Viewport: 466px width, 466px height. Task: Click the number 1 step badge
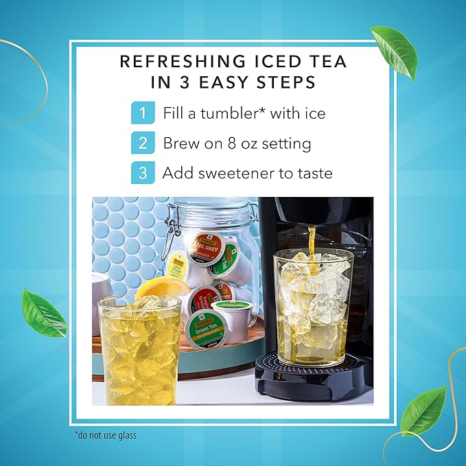pos(141,113)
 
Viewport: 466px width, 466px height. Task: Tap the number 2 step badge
pos(141,143)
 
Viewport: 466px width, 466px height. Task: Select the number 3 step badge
pos(141,173)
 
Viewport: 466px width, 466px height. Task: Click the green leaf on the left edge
pos(43,312)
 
